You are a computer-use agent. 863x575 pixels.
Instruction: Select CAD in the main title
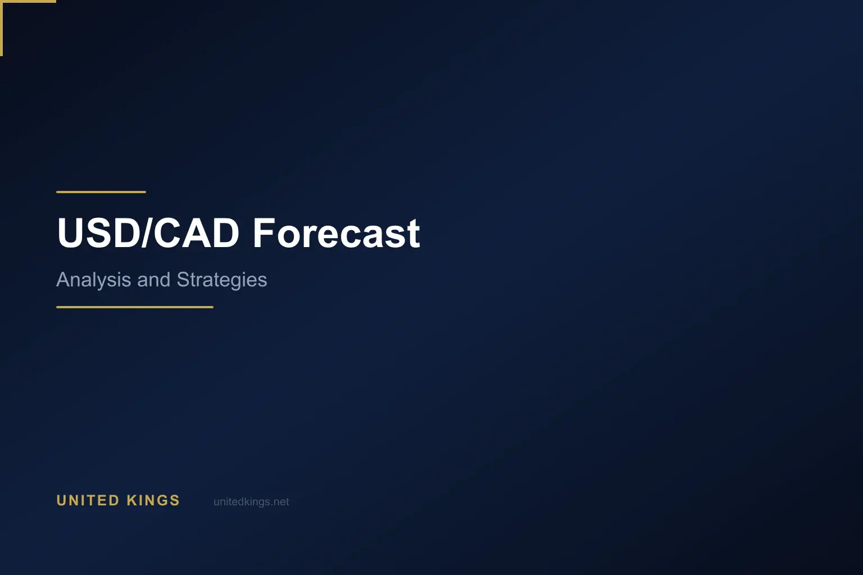pos(196,233)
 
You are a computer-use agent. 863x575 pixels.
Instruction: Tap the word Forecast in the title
pos(336,233)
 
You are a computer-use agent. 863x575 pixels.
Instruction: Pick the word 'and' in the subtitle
pos(153,280)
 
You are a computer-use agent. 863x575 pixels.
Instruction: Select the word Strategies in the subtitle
pos(221,280)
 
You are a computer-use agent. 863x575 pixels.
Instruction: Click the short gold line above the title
pos(101,192)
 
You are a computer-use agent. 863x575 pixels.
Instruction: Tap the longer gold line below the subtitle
pos(135,307)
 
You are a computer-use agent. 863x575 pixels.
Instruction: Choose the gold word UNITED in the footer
pos(88,500)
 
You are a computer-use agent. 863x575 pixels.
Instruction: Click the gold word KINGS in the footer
pos(153,500)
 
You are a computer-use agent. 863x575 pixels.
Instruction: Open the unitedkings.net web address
pos(251,502)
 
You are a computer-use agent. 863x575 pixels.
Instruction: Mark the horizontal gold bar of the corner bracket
pos(28,1)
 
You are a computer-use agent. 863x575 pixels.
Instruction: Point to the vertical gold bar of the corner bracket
pos(1,28)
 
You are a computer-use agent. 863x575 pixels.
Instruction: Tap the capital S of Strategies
pos(182,280)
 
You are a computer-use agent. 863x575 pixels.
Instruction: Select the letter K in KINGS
pos(132,500)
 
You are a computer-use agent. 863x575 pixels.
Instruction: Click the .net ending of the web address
pos(280,502)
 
